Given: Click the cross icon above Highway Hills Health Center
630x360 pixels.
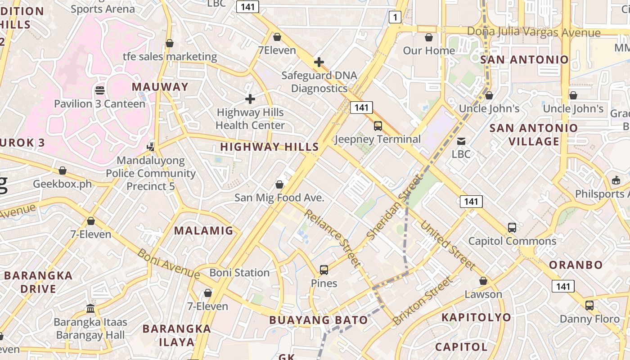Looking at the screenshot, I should click(x=250, y=99).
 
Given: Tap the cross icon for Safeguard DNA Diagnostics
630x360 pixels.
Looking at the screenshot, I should click(x=319, y=62).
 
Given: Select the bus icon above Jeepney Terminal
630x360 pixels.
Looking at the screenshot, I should click(x=378, y=126).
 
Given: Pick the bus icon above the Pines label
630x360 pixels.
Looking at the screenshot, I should click(x=324, y=270).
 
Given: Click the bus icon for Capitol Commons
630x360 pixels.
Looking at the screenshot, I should click(x=512, y=228).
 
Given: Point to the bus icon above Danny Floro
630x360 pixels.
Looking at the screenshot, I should click(x=589, y=306).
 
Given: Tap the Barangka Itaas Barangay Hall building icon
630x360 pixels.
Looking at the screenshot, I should click(x=90, y=309).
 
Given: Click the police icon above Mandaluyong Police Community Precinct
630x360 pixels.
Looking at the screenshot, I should click(x=151, y=147).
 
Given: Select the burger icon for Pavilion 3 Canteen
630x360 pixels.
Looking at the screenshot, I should click(x=100, y=90).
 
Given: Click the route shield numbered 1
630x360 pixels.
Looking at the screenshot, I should click(x=395, y=18).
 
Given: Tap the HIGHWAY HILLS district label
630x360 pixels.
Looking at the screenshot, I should click(x=269, y=147).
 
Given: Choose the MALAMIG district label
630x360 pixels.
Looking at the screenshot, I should click(x=204, y=231).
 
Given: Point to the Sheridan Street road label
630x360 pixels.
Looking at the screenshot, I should click(x=395, y=208).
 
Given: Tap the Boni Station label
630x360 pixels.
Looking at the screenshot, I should click(x=239, y=273).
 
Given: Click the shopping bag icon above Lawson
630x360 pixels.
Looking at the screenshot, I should click(x=483, y=281).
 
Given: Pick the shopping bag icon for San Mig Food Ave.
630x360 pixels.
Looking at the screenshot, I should click(x=279, y=184).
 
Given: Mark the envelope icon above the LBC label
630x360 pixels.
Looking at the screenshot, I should click(x=461, y=141).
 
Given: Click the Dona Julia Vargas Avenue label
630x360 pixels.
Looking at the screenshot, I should click(x=534, y=32).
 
